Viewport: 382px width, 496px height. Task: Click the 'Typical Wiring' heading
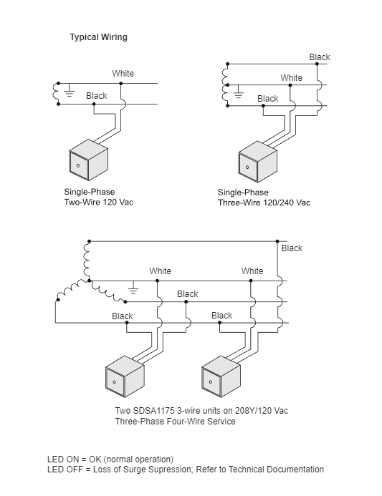[98, 37]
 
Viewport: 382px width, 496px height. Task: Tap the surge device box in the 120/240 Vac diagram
[257, 160]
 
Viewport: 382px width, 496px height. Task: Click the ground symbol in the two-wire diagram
[70, 91]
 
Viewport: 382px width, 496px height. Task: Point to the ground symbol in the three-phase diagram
[133, 288]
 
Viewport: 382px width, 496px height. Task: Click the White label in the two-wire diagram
[123, 74]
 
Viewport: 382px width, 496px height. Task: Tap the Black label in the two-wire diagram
[96, 96]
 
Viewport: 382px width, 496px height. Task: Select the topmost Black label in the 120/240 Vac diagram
[320, 57]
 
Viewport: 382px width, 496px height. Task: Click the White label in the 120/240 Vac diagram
[291, 78]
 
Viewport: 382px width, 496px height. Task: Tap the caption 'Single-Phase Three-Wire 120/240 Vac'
[264, 198]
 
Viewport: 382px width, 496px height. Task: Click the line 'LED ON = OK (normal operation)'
[110, 459]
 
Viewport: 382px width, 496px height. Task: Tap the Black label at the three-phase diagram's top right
[292, 248]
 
